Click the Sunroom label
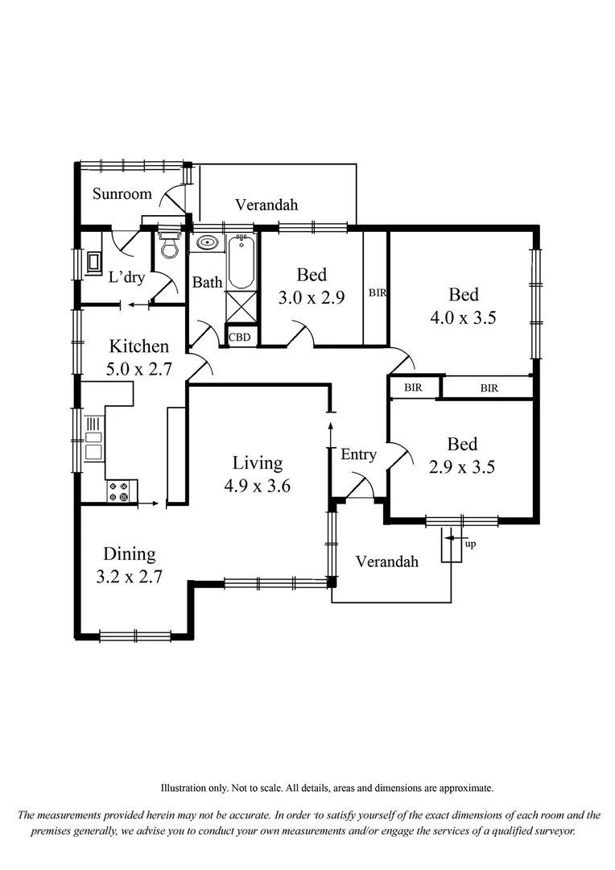tap(122, 194)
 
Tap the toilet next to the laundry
tap(168, 246)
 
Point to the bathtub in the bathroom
tap(241, 262)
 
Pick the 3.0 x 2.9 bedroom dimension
tap(312, 297)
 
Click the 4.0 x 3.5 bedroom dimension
tap(463, 317)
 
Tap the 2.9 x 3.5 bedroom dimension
tap(462, 466)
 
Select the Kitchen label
tap(139, 346)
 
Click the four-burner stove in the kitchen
tap(120, 491)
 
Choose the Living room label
tap(258, 463)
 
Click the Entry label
tap(358, 455)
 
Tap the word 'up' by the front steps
tap(471, 544)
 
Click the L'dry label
tap(126, 278)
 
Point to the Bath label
tap(207, 283)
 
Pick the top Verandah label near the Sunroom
tap(266, 205)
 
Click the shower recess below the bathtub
tap(241, 307)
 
